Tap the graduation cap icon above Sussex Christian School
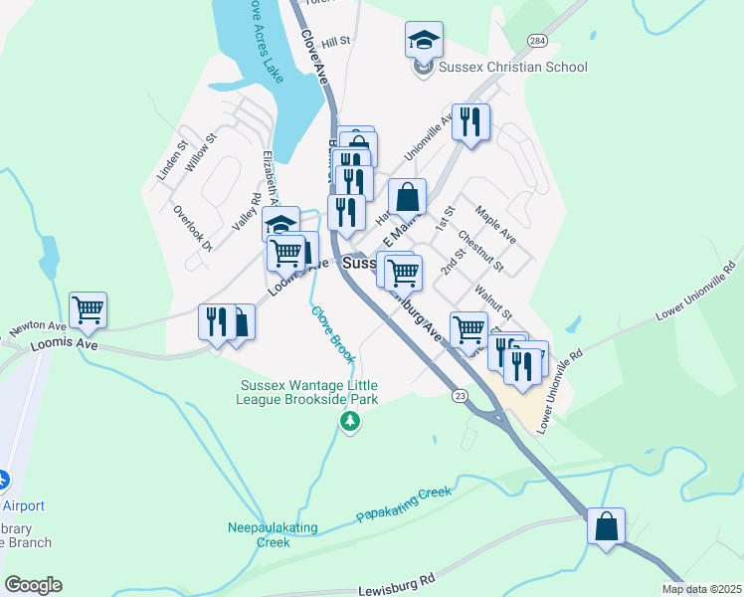(424, 40)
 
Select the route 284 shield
(538, 41)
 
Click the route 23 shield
(459, 395)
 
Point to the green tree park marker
(349, 423)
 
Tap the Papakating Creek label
(404, 503)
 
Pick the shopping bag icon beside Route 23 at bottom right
(606, 526)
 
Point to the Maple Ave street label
(494, 225)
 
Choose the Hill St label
(336, 41)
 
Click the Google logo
(33, 585)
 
